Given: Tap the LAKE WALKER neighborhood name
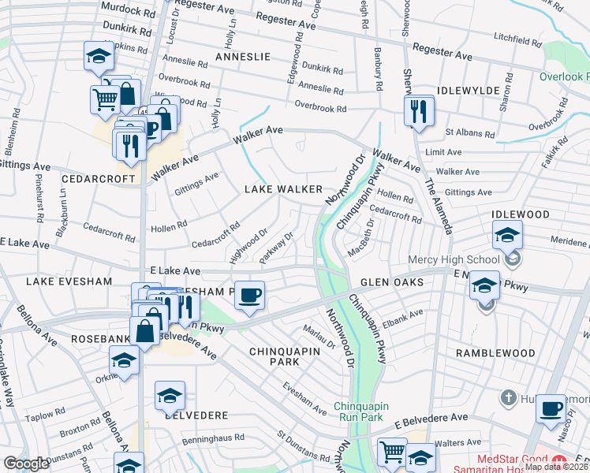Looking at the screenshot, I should pos(283,189).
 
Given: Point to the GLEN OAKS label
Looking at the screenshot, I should pos(393,282).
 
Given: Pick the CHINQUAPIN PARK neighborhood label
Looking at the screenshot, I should pos(274,356).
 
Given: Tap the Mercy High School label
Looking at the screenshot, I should pos(454,259).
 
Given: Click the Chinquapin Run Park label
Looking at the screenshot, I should pos(358,410).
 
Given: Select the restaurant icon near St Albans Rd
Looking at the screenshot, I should pos(418,111).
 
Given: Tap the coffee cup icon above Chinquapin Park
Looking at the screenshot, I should pos(249,296).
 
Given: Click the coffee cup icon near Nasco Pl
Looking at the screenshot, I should pos(551,408).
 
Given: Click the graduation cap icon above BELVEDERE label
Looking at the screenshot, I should pos(170,396).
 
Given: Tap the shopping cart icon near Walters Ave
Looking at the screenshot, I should pos(392,452).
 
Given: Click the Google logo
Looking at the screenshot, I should pos(26,464).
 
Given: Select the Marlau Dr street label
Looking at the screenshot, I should pos(319,335).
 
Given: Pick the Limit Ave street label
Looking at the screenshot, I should pos(444,152).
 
